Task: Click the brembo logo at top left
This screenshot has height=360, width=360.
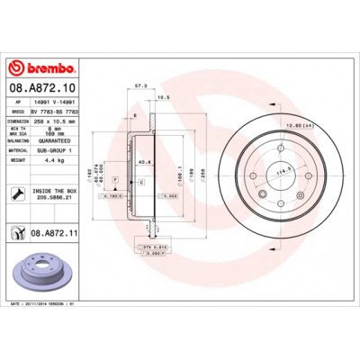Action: (x=40, y=67)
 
